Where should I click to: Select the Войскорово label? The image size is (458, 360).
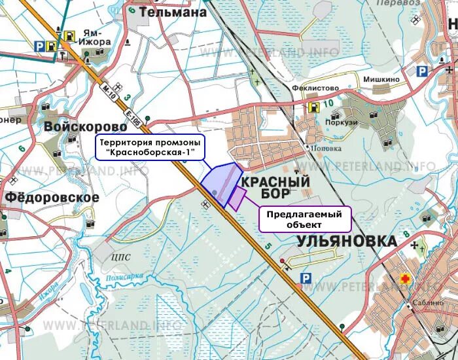[x=85, y=126]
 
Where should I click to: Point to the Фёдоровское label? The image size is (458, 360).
[x=52, y=197]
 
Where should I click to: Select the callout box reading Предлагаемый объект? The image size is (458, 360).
[x=305, y=219]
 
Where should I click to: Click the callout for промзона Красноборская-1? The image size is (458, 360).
[x=150, y=148]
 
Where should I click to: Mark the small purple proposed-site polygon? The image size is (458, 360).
[x=236, y=198]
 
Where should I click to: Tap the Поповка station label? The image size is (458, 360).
[x=327, y=149]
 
